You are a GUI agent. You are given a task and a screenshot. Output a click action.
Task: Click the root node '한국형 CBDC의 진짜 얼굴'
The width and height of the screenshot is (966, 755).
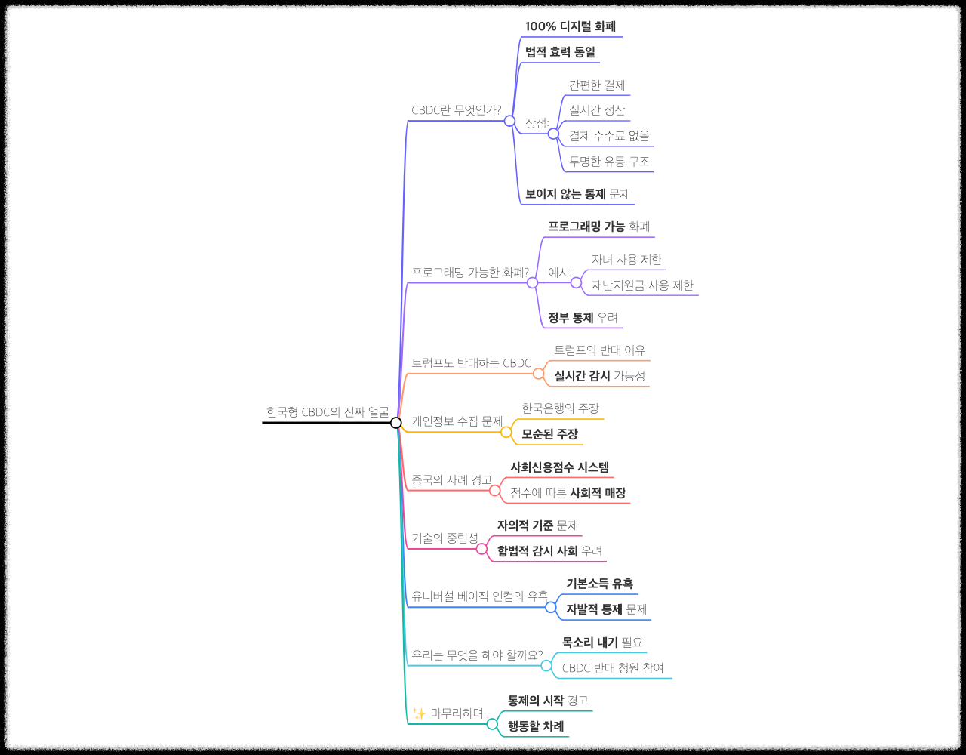[x=328, y=412]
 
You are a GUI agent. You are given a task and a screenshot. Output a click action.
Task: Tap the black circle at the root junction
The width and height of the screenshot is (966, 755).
[x=396, y=423]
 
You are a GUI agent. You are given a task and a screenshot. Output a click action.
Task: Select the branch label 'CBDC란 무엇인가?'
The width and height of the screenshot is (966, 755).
[x=456, y=110]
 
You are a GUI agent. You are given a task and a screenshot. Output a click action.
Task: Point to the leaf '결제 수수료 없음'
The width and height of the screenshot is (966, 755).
[x=609, y=136]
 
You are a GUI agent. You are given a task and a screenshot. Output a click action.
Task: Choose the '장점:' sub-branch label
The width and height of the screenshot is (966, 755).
[x=537, y=122]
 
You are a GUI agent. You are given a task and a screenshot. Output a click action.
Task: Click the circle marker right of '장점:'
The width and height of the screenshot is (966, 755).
[x=553, y=134]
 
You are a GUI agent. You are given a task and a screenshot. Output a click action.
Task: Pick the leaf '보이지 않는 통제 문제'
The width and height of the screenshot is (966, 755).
[x=577, y=194]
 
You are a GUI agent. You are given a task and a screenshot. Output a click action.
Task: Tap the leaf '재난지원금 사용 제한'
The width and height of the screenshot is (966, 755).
[x=642, y=285]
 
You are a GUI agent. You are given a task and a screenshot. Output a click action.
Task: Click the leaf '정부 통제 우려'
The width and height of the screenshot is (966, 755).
[x=583, y=318]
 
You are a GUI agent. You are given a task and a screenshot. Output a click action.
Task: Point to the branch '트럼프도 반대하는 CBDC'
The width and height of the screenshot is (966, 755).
[x=471, y=363]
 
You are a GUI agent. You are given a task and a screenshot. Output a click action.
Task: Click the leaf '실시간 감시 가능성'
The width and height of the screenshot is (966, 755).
[x=599, y=376]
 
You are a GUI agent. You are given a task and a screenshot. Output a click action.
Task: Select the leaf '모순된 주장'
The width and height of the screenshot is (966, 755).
[x=549, y=434]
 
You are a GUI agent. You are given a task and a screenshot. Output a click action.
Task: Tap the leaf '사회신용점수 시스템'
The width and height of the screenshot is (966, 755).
[x=559, y=467]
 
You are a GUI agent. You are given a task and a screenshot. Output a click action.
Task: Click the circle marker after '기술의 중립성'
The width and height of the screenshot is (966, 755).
[x=482, y=549]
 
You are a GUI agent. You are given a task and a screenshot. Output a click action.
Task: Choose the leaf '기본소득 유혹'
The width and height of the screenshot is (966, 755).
[x=599, y=584]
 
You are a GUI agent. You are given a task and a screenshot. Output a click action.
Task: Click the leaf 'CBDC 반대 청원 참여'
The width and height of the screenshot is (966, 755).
[x=613, y=668]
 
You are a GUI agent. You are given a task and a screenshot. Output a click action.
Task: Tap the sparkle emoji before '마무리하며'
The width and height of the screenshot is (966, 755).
[x=420, y=713]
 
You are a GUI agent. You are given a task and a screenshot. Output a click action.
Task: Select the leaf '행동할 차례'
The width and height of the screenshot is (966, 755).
[x=536, y=726]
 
